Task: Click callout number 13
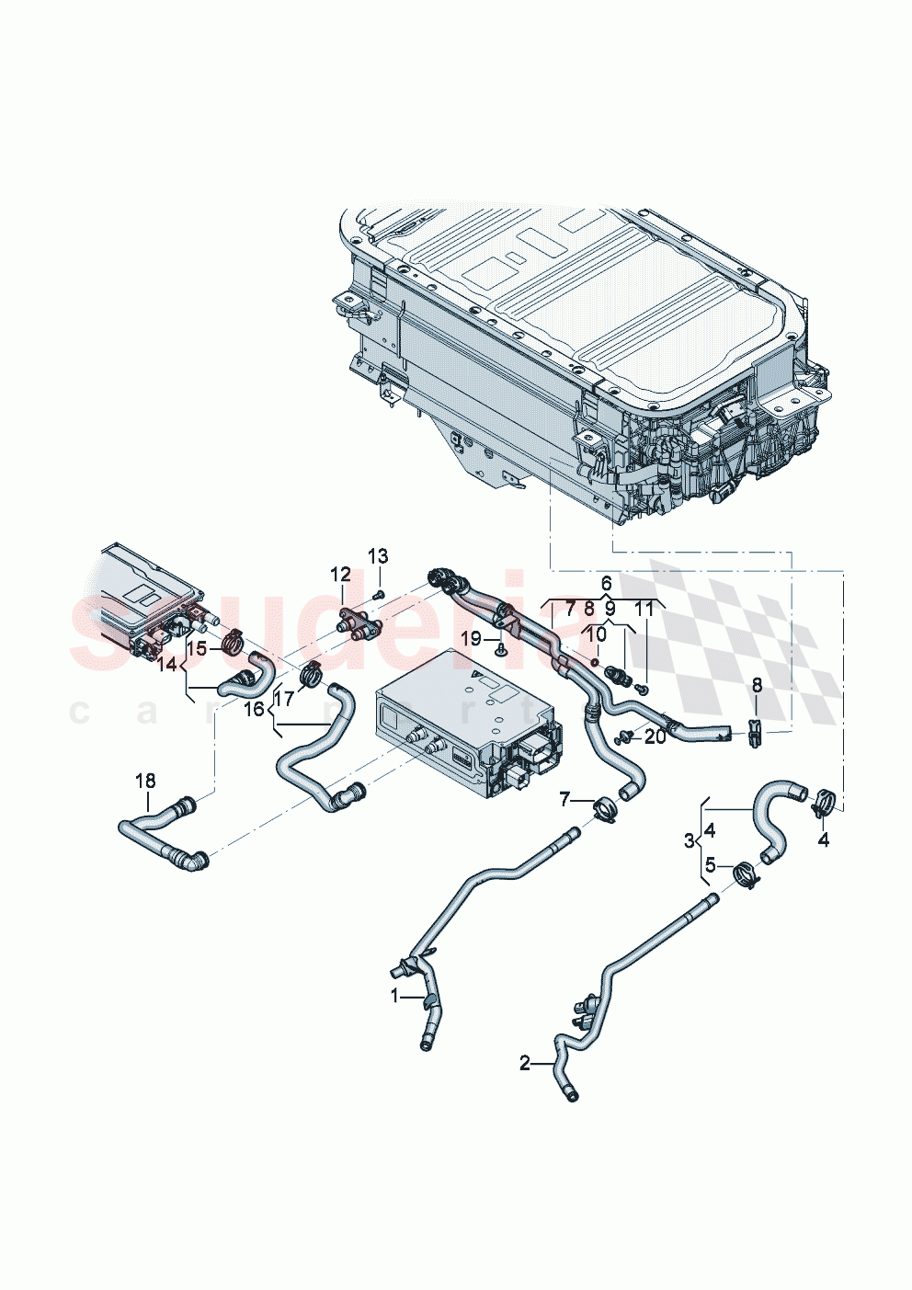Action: (x=379, y=556)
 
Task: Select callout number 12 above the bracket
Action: (x=341, y=575)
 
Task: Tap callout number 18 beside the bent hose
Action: (x=145, y=782)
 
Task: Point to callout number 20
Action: (x=655, y=736)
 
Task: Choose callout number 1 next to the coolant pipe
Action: (x=395, y=996)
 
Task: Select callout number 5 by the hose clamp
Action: (x=710, y=864)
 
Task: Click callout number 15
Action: (x=197, y=648)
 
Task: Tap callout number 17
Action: (x=283, y=699)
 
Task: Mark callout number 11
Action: (x=644, y=608)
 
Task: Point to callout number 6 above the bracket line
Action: (x=607, y=583)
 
